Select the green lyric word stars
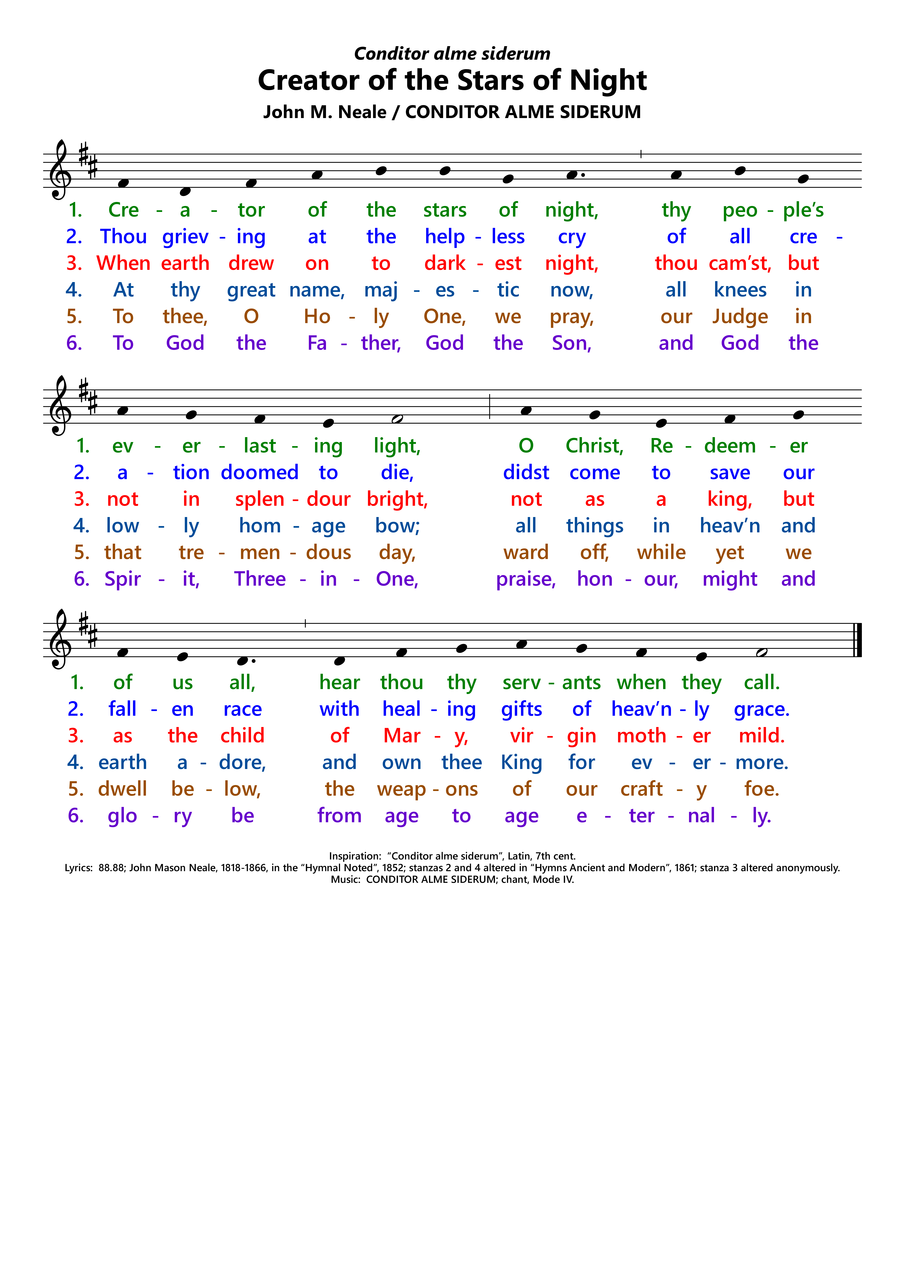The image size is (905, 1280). (444, 210)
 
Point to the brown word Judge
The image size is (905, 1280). (740, 317)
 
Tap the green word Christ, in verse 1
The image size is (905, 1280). (594, 446)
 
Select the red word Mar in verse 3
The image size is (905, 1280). (402, 736)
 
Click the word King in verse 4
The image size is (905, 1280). (521, 763)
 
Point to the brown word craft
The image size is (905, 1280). (641, 789)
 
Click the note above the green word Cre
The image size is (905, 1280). (123, 183)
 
